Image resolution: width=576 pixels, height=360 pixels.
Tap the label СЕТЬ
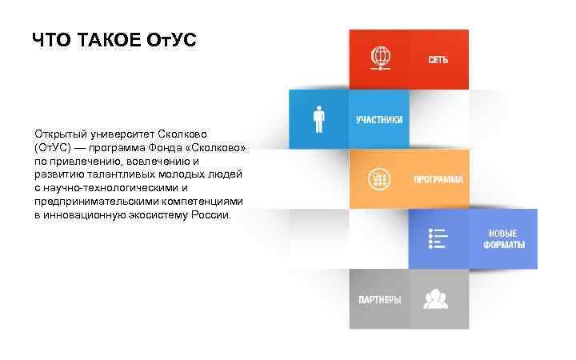click(x=438, y=60)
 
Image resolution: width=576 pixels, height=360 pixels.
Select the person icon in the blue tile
click(x=318, y=119)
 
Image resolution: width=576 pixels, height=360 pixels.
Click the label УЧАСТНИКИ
click(x=379, y=119)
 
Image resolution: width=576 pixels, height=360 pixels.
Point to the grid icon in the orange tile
click(x=378, y=178)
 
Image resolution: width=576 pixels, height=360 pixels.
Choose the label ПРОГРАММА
click(x=438, y=179)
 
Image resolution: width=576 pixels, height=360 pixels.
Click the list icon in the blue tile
click(x=438, y=238)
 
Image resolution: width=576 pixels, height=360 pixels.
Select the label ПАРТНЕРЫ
click(x=378, y=299)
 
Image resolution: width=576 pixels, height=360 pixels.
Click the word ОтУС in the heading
click(x=170, y=40)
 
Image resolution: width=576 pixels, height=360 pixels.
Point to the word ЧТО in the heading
click(x=52, y=40)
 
